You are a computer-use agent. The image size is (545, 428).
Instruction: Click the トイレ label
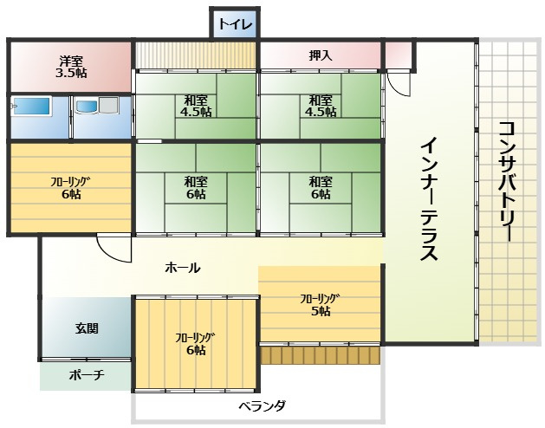click(x=235, y=23)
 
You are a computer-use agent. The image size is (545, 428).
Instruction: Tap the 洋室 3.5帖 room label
click(x=71, y=67)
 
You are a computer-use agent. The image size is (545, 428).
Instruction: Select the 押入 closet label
click(x=321, y=55)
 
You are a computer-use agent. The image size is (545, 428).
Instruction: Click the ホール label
click(x=182, y=268)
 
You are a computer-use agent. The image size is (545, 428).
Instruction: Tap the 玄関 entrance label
click(x=86, y=328)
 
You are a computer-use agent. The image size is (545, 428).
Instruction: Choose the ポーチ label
click(x=86, y=375)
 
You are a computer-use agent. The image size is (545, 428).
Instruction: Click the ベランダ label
click(x=262, y=405)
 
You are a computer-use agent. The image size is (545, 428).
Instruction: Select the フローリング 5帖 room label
click(x=321, y=305)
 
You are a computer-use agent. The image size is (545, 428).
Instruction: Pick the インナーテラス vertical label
click(x=430, y=199)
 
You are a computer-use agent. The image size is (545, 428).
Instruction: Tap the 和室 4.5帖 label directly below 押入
click(x=321, y=105)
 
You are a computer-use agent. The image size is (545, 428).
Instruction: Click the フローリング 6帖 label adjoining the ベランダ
click(x=195, y=344)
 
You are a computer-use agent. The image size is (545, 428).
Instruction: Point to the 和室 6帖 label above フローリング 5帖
click(x=321, y=188)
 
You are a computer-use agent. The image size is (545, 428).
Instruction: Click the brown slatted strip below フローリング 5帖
click(x=321, y=355)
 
